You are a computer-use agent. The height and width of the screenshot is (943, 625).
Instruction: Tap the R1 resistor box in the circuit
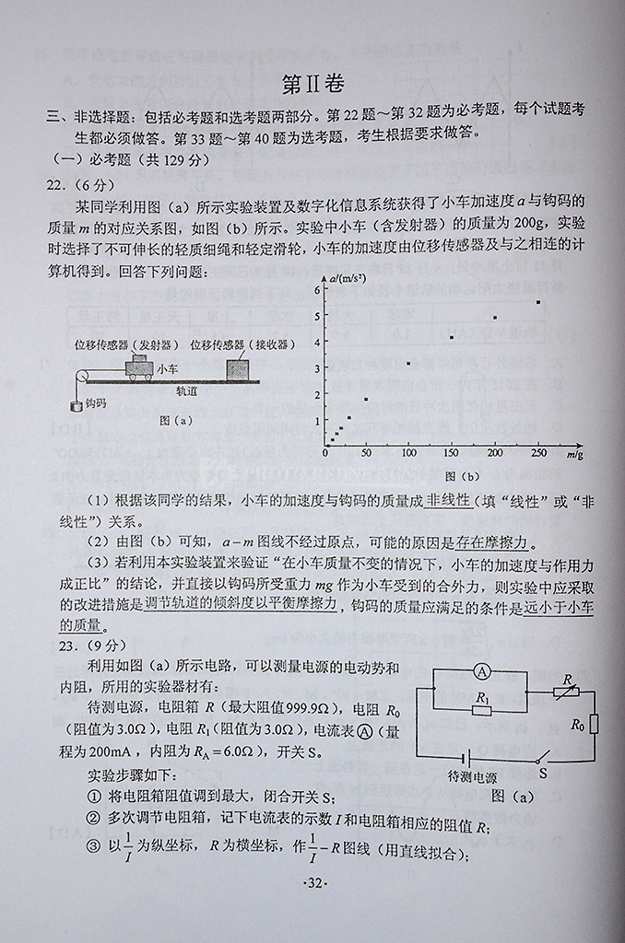(481, 708)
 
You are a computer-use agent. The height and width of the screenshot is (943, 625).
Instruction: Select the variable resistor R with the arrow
(565, 689)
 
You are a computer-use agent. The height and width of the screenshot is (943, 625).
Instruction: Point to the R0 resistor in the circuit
(592, 724)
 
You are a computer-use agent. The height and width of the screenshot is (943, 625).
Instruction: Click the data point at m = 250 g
(538, 302)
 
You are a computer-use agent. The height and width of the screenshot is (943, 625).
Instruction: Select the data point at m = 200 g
(495, 318)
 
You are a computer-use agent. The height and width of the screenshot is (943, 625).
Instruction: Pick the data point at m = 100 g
(408, 364)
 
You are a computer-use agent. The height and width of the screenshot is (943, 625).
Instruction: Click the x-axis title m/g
(574, 454)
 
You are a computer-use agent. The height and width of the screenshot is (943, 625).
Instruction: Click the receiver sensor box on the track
(238, 369)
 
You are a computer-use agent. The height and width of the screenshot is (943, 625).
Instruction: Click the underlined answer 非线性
(447, 500)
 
